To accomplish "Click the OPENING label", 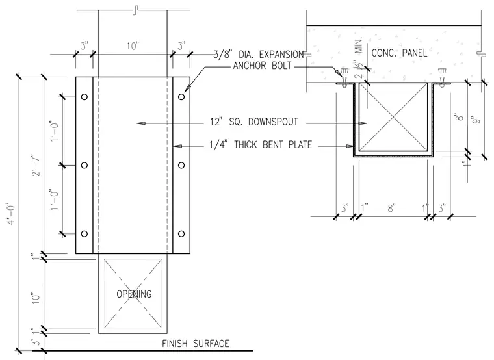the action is tap(134, 294).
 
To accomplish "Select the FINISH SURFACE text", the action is tap(196, 343).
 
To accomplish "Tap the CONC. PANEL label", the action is tap(399, 53).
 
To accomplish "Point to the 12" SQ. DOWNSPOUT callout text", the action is tap(254, 122).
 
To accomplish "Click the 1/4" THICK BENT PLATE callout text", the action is tap(261, 144).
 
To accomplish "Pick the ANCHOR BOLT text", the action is tap(263, 66).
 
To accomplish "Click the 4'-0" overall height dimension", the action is tap(12, 214).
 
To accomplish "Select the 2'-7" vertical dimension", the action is tap(36, 164).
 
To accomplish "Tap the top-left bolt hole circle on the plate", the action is tap(84, 97).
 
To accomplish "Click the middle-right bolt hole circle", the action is tap(181, 165).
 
